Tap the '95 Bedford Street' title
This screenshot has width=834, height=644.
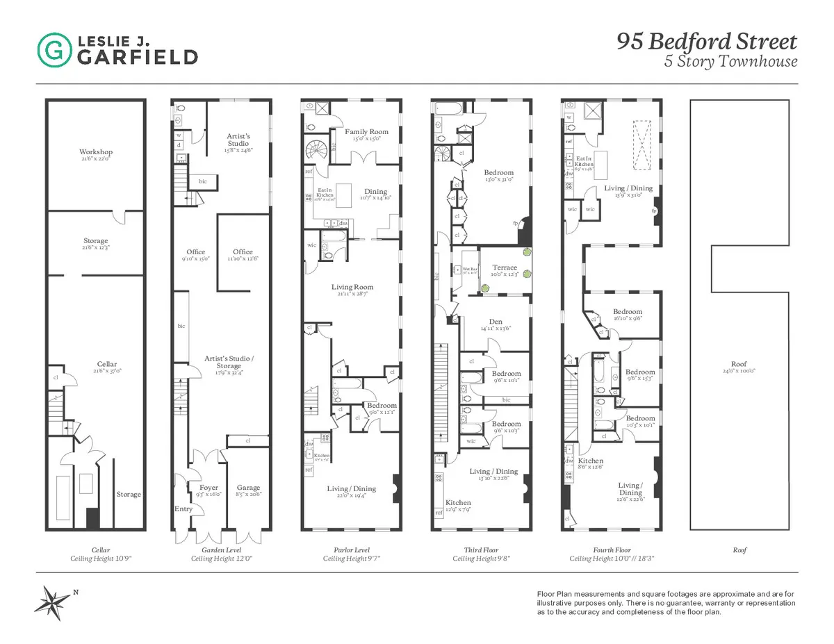click(707, 42)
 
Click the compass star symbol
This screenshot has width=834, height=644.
click(54, 600)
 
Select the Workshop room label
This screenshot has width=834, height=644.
click(95, 152)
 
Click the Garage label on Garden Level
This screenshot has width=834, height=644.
click(248, 488)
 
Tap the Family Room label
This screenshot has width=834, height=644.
click(367, 131)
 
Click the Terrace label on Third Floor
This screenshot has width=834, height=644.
click(505, 267)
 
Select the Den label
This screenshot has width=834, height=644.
click(496, 321)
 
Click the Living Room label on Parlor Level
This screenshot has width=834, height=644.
click(352, 287)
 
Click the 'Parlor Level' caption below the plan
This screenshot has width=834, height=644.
click(351, 550)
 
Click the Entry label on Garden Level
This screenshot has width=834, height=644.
click(183, 509)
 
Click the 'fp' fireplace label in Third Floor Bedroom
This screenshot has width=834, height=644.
click(515, 224)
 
